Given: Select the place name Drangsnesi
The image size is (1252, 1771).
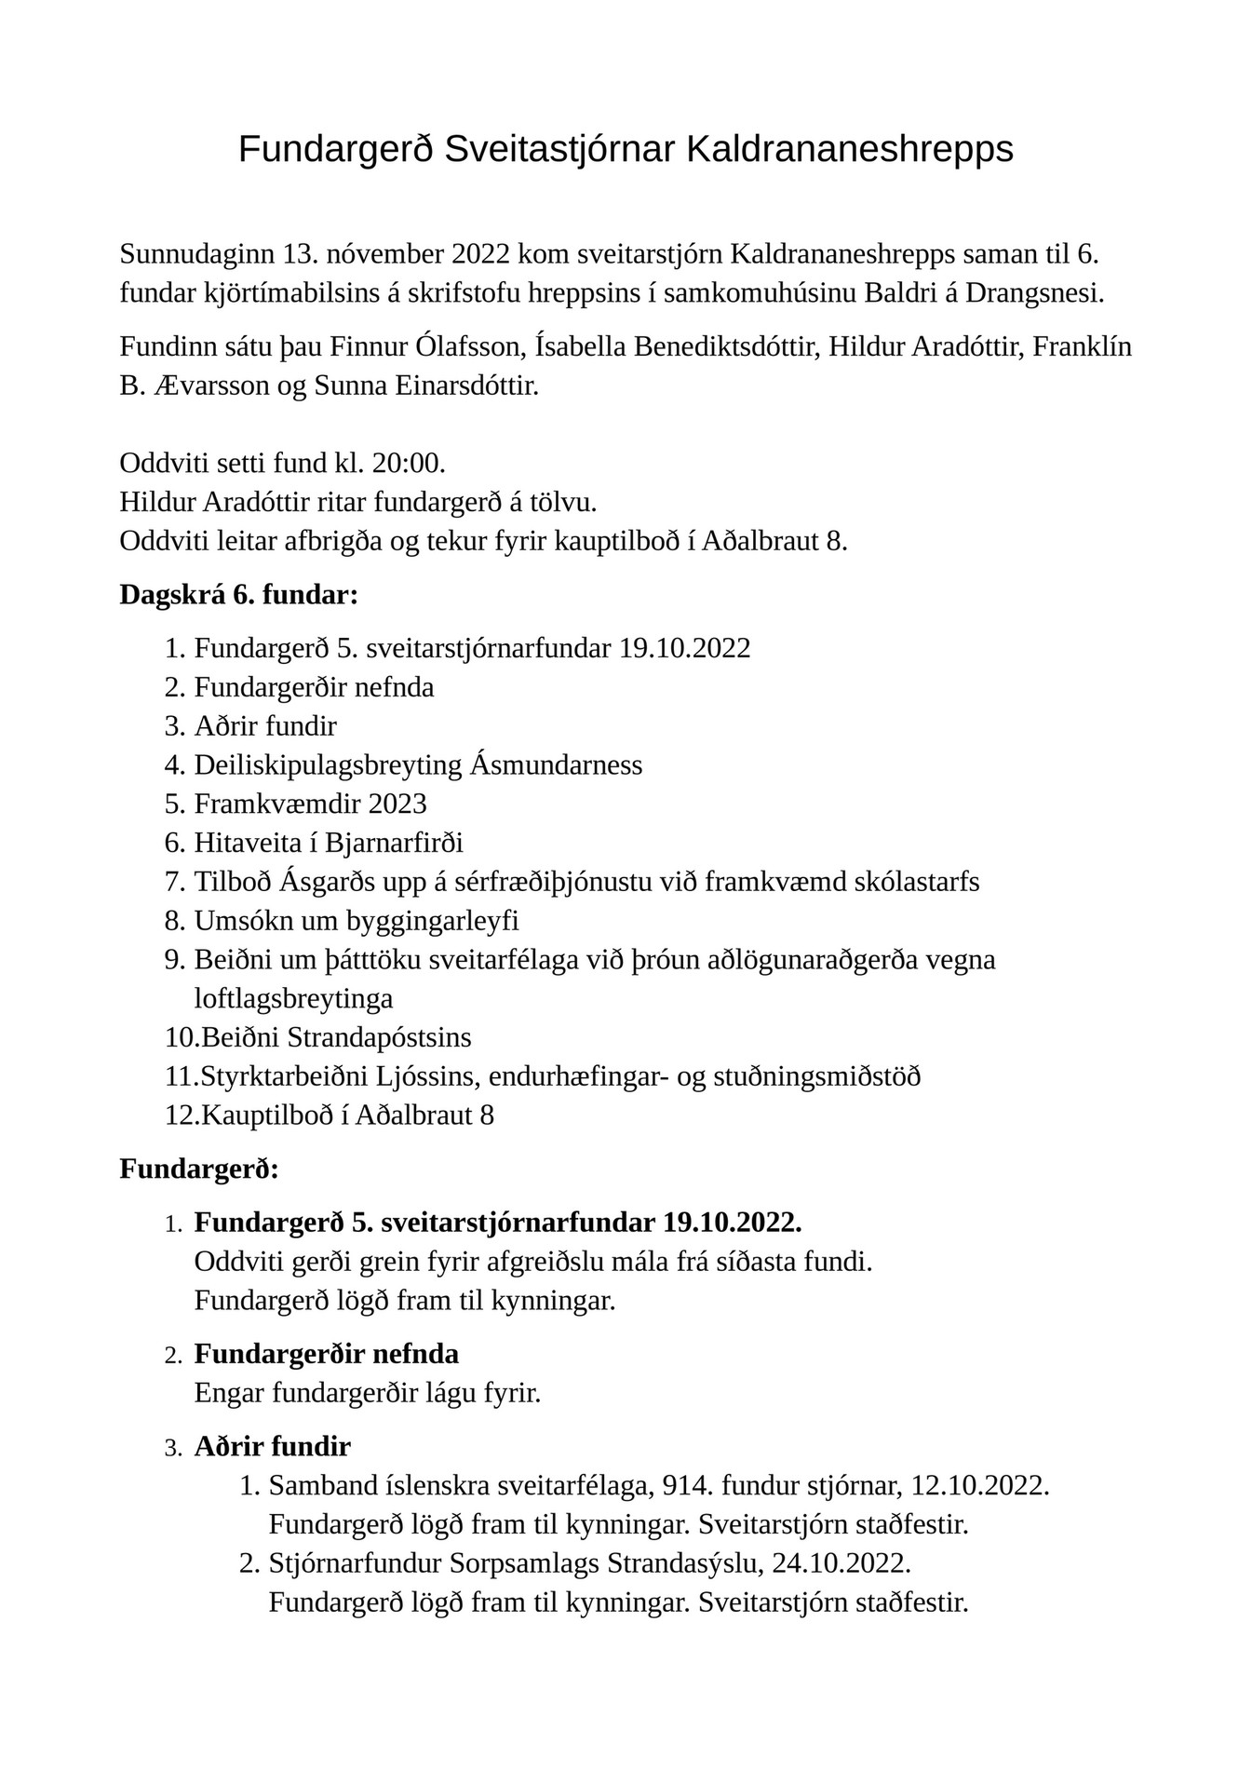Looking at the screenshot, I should tap(1034, 292).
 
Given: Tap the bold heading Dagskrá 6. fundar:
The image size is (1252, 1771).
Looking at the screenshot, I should tap(238, 595).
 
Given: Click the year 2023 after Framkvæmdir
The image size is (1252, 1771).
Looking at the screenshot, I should tap(397, 804).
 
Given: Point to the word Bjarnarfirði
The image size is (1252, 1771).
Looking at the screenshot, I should tap(394, 843).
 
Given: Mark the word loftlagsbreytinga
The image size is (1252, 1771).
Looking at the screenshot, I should tap(293, 998).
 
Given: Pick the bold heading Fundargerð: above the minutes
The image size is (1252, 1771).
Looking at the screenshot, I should tap(199, 1169).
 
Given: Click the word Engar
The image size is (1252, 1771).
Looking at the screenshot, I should tap(229, 1393).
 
